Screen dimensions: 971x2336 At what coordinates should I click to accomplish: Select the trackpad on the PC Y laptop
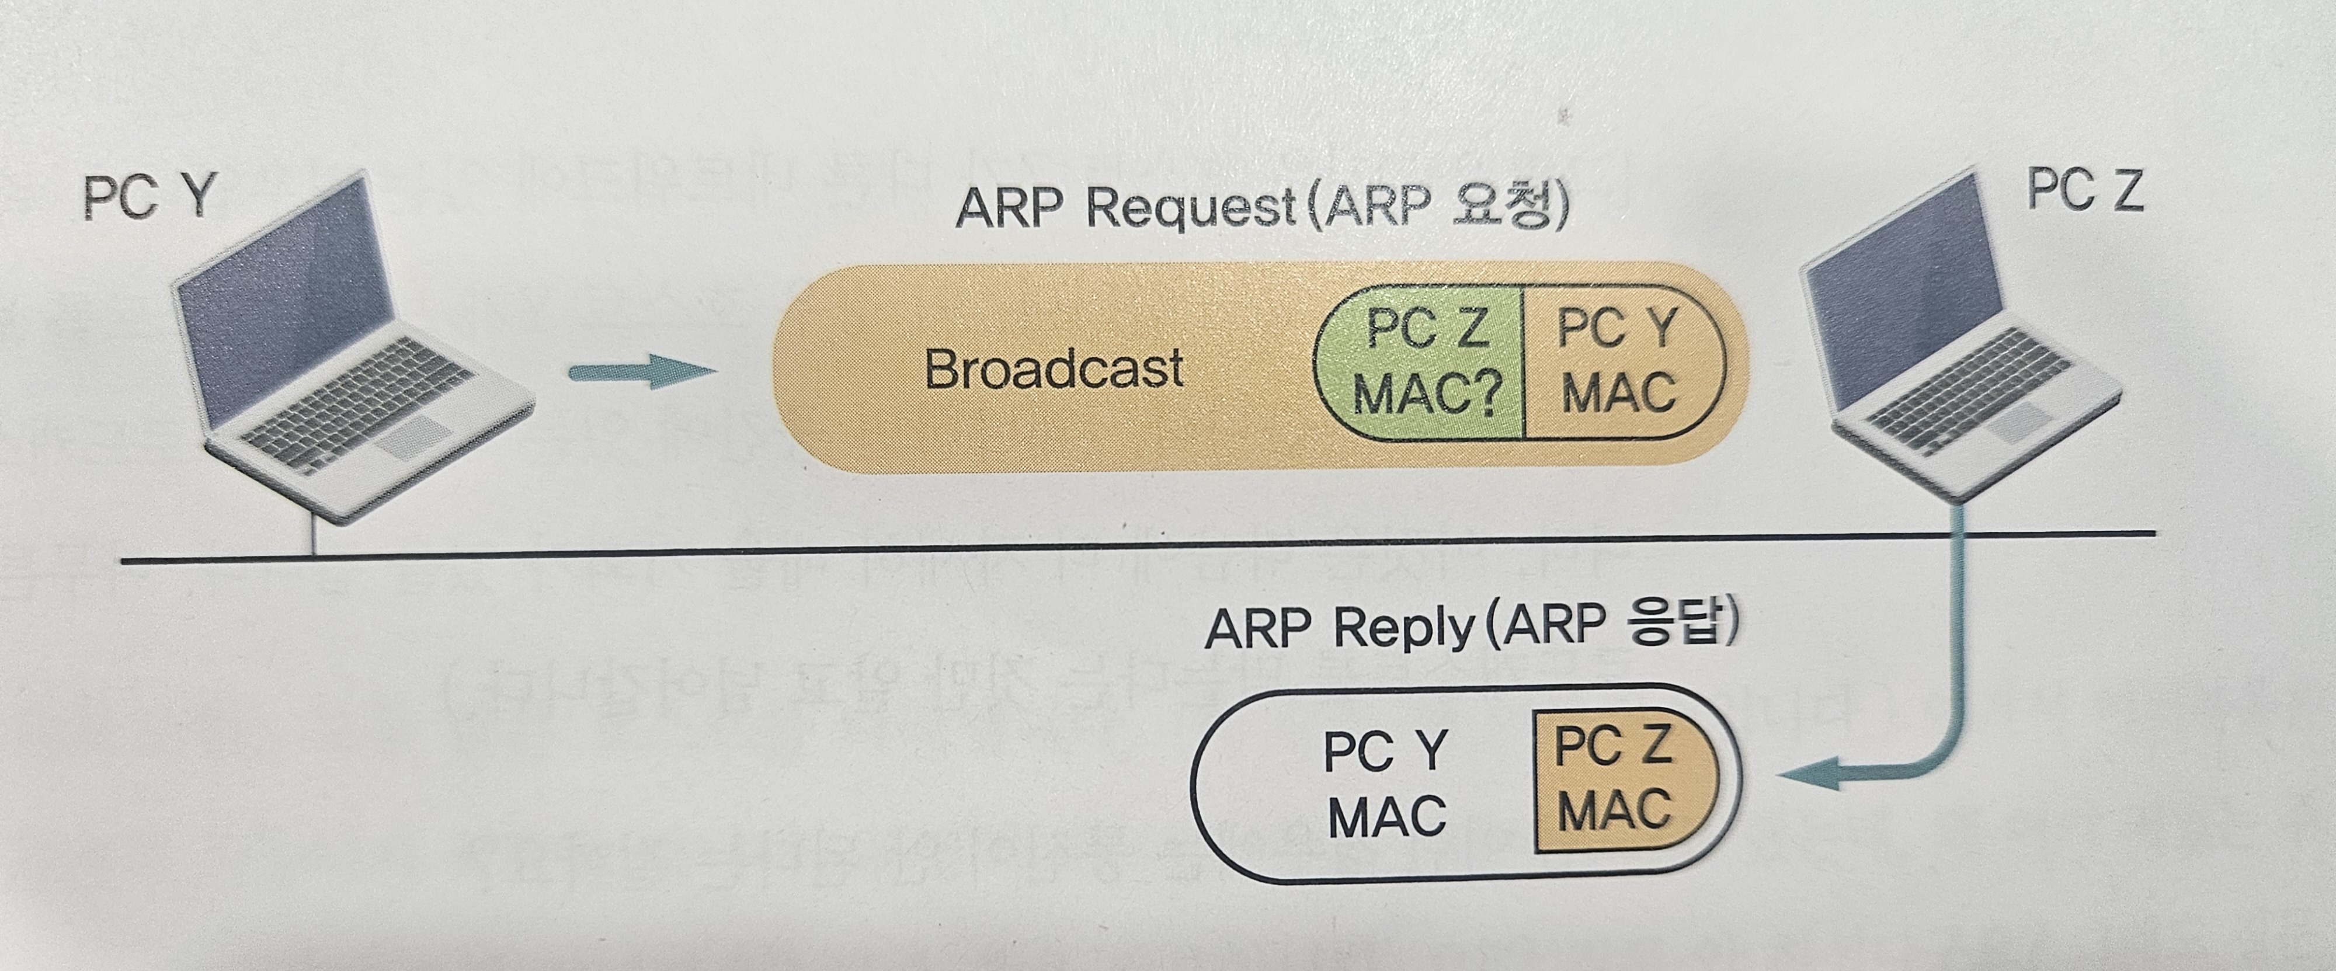413,437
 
